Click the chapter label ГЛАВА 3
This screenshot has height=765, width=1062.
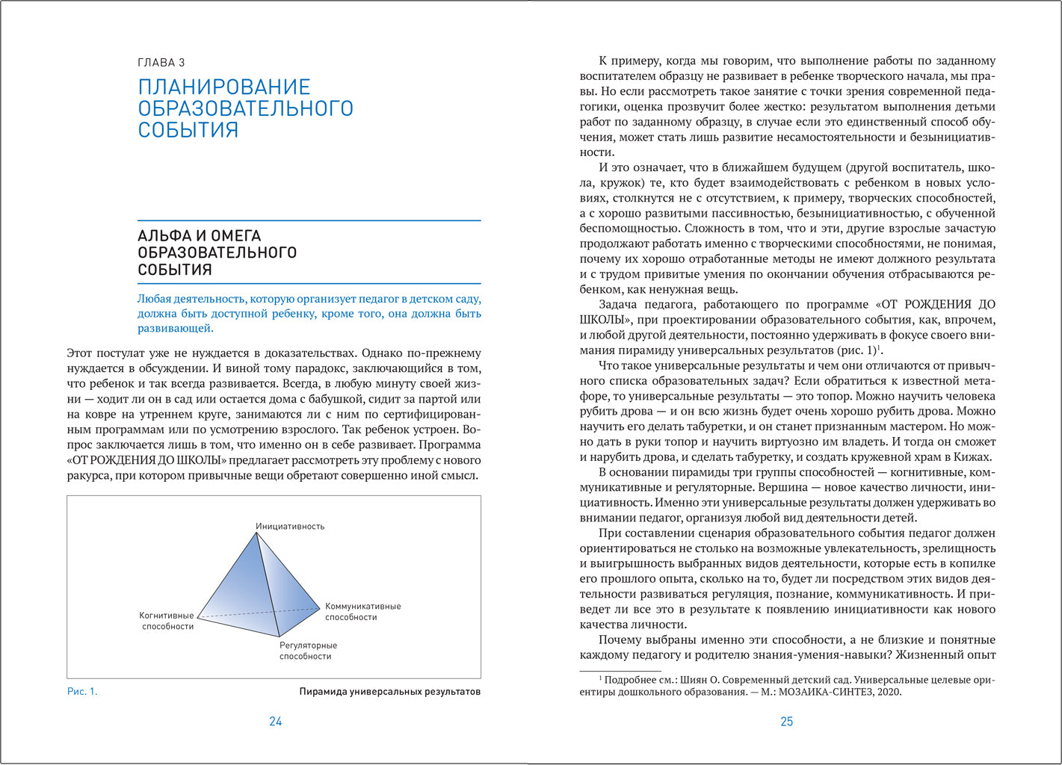161,63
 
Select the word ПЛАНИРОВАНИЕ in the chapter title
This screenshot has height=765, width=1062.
224,87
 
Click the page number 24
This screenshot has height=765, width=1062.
275,722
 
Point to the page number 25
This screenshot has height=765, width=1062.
786,722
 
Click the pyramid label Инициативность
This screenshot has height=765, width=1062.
290,527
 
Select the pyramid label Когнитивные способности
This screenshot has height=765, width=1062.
167,621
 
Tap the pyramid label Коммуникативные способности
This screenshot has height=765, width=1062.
362,612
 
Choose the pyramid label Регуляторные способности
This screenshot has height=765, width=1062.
308,651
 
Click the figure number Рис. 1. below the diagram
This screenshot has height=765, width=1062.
82,692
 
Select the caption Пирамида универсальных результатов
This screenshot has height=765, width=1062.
389,692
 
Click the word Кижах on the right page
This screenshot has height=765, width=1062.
974,457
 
